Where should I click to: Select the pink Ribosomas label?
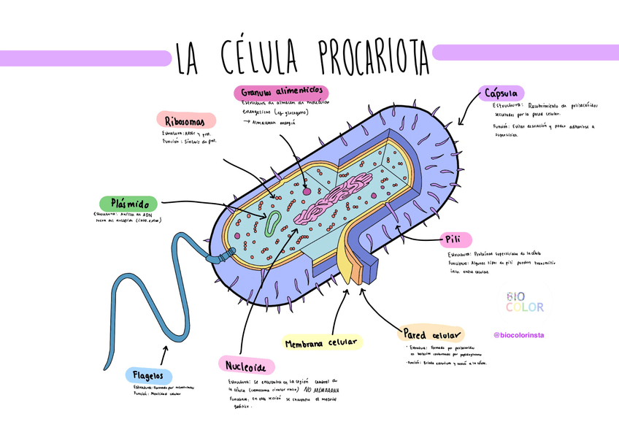click(x=185, y=120)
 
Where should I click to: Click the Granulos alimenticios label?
click(x=281, y=93)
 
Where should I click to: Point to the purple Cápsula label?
click(x=501, y=93)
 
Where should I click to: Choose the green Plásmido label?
click(x=129, y=203)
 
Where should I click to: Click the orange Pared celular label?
click(x=431, y=334)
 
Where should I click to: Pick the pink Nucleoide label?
click(x=246, y=365)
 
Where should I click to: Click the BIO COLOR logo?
click(x=525, y=301)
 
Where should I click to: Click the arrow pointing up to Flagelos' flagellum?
click(x=164, y=355)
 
